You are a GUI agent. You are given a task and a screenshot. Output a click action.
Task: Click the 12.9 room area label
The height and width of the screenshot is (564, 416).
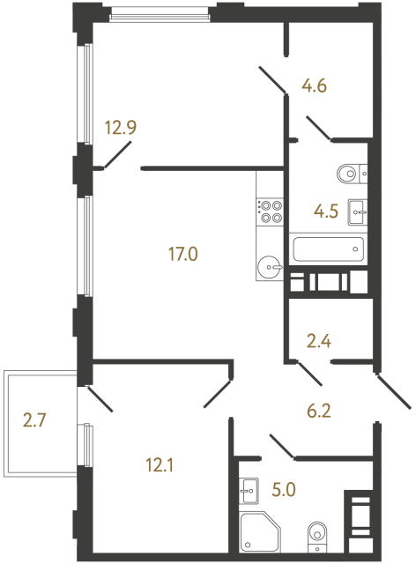click(120, 128)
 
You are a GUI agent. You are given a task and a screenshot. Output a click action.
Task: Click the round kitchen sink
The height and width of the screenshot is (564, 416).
click(270, 264)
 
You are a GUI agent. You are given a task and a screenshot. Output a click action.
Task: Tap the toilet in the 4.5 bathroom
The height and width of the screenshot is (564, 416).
click(350, 173)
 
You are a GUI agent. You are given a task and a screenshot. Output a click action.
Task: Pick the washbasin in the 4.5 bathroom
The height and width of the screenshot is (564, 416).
click(358, 210)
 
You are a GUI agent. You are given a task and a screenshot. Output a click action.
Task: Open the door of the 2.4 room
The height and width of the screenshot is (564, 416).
click(308, 374)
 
